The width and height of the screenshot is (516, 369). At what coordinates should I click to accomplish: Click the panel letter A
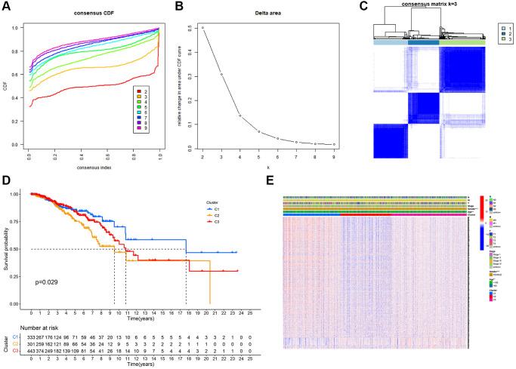(6, 8)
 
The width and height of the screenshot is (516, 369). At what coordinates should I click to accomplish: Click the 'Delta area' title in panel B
(258, 14)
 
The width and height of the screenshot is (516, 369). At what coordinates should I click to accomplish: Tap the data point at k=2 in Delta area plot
(202, 28)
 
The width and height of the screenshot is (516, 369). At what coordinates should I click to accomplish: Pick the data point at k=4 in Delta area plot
(239, 115)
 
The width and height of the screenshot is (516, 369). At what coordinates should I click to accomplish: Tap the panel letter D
(6, 183)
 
